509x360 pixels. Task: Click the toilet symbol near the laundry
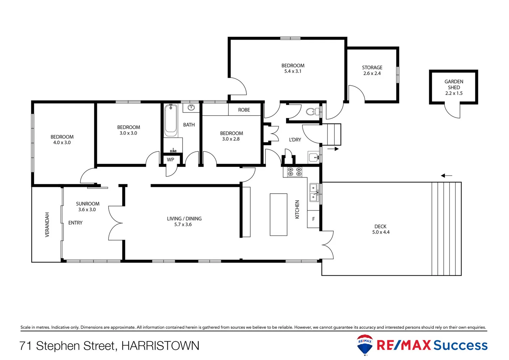click(311, 111)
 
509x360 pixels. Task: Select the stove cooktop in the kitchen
click(294, 172)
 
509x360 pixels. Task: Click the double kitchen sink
click(313, 193)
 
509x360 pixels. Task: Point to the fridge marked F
click(313, 219)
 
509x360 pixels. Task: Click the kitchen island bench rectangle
click(278, 214)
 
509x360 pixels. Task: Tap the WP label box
click(171, 160)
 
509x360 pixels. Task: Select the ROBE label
click(244, 110)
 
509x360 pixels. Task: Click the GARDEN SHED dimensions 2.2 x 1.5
click(454, 93)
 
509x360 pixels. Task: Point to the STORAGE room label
click(372, 67)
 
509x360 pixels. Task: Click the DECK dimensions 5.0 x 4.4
click(381, 232)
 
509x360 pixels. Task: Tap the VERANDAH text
click(47, 225)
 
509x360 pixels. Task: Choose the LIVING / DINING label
click(184, 219)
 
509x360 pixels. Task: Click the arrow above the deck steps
click(446, 176)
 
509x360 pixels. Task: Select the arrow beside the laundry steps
click(333, 149)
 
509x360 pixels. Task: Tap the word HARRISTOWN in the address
click(160, 346)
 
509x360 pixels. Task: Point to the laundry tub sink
click(313, 157)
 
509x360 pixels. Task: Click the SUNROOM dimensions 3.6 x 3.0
click(87, 210)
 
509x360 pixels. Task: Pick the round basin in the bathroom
click(191, 107)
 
